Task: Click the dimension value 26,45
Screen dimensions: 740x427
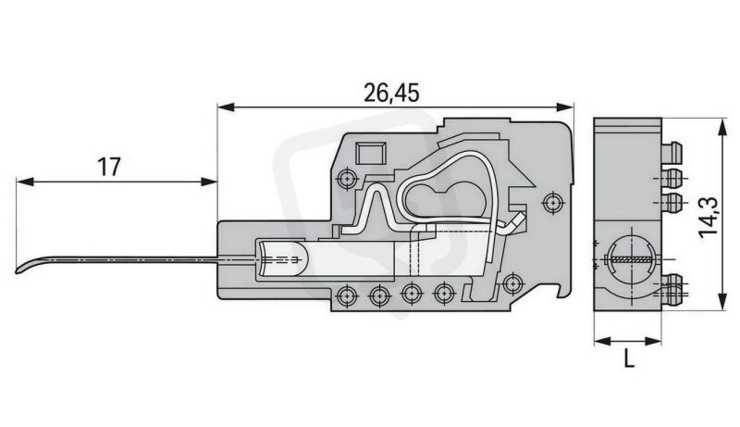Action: (x=391, y=94)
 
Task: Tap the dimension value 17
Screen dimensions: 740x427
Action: (x=109, y=167)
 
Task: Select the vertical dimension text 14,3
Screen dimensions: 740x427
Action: (x=709, y=216)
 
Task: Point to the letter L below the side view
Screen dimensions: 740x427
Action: (x=629, y=358)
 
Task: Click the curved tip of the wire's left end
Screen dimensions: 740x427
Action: (x=18, y=270)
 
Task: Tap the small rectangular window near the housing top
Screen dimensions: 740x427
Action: (x=370, y=153)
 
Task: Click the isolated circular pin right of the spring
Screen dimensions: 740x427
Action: (x=552, y=203)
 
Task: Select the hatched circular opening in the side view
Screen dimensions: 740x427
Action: (x=629, y=260)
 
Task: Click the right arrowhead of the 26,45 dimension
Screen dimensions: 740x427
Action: (x=565, y=107)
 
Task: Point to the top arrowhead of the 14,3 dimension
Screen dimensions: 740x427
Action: (x=721, y=128)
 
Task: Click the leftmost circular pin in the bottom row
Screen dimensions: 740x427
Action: (x=347, y=296)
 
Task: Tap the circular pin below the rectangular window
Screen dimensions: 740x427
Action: (x=347, y=179)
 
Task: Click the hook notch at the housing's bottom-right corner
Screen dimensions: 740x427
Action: (x=565, y=290)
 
